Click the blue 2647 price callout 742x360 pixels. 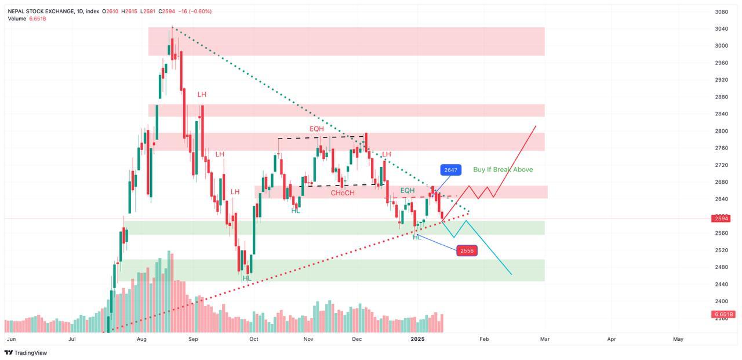point(450,170)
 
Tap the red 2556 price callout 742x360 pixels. point(467,250)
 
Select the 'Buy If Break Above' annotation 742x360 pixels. point(503,169)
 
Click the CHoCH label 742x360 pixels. point(343,192)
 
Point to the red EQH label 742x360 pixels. point(317,129)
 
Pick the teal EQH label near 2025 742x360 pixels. point(407,190)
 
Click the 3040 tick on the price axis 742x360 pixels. point(721,28)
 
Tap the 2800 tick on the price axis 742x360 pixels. point(721,131)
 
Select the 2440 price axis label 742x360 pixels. point(721,284)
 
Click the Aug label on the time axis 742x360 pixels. point(141,339)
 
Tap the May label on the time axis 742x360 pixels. point(678,339)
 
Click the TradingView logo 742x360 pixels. point(26,352)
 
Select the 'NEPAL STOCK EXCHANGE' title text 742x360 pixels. point(41,11)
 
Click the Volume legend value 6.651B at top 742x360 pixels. point(38,19)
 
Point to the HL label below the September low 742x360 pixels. point(248,278)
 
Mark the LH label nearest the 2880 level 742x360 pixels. point(202,94)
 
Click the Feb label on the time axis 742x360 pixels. point(484,339)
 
